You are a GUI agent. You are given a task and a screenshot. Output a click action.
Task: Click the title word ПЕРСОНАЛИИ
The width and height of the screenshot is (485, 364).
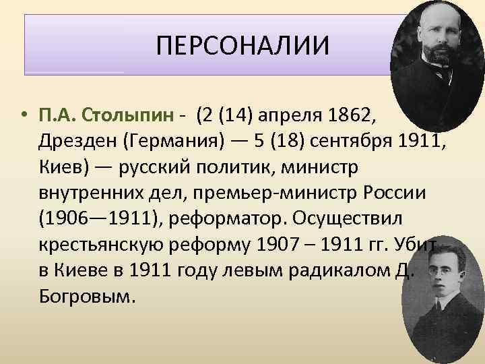tap(243, 47)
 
